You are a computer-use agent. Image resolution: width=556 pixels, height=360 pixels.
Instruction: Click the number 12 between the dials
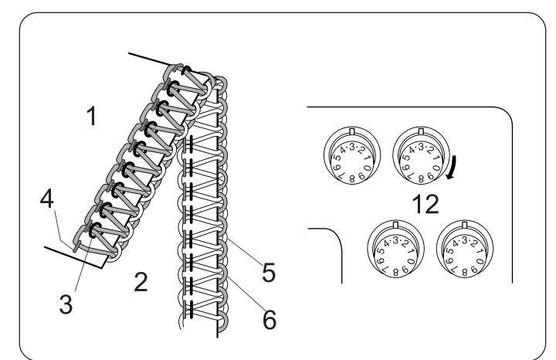click(425, 204)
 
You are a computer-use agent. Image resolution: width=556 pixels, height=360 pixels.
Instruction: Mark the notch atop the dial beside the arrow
click(419, 130)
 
